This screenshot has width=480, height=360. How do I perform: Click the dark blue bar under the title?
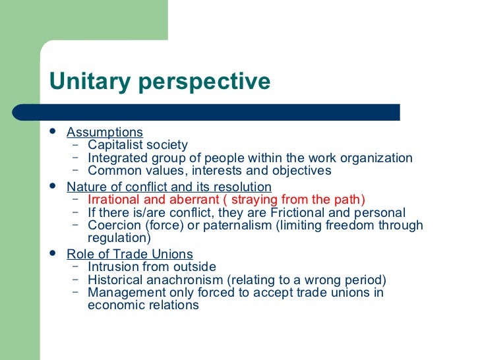[224, 112]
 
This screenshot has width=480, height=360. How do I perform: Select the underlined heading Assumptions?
[104, 133]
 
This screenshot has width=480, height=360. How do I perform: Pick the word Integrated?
[115, 158]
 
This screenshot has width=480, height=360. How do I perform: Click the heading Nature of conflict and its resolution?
[169, 187]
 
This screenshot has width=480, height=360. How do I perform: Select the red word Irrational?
[113, 200]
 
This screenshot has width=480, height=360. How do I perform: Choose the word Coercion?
[113, 225]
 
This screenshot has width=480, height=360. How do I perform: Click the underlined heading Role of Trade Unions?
[130, 254]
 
